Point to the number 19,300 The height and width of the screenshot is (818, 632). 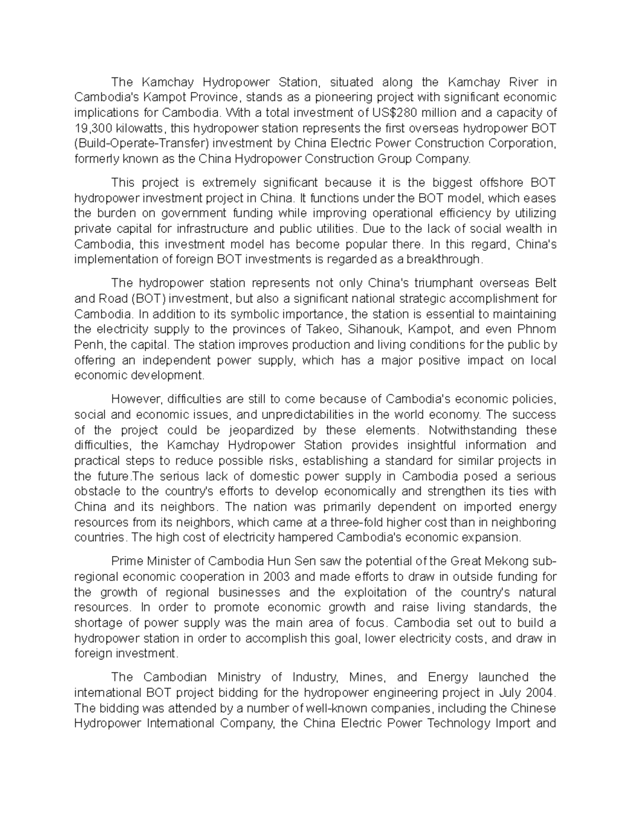pyautogui.click(x=92, y=128)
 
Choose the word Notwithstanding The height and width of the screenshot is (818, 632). pyautogui.click(x=470, y=430)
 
